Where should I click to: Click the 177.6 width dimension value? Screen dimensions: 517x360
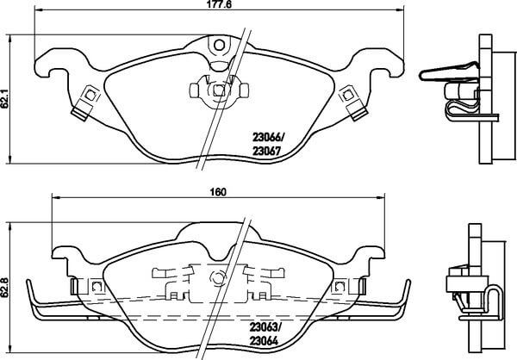tap(219, 4)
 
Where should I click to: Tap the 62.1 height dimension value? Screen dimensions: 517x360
tap(4, 98)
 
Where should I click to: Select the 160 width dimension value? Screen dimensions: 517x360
tap(218, 192)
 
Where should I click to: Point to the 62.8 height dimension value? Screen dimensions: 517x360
tap(4, 288)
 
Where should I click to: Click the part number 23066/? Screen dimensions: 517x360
tap(268, 136)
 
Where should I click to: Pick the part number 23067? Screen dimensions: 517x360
tap(266, 151)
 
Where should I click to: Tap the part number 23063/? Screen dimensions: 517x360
tap(265, 327)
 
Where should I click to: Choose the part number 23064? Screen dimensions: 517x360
tap(264, 341)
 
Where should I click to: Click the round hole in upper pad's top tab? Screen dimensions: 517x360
tap(219, 45)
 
